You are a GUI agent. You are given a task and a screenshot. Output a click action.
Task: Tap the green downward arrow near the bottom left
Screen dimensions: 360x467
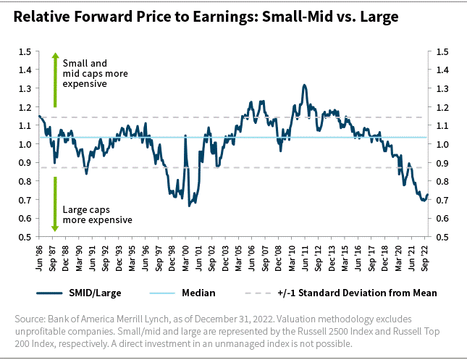click(x=54, y=206)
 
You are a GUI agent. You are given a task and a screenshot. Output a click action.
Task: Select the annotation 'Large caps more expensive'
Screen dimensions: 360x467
click(x=97, y=214)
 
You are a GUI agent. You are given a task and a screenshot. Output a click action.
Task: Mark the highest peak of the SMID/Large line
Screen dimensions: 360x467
click(x=304, y=85)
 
